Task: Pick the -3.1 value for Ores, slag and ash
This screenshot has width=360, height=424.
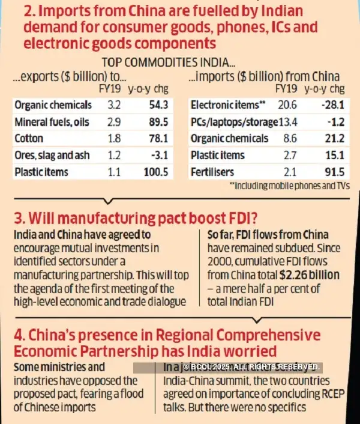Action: pos(162,155)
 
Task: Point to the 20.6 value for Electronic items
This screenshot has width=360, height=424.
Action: pos(286,104)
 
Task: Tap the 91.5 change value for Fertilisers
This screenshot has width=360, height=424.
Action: pos(332,172)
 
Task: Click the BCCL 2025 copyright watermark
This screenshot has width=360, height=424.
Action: pos(253,366)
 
